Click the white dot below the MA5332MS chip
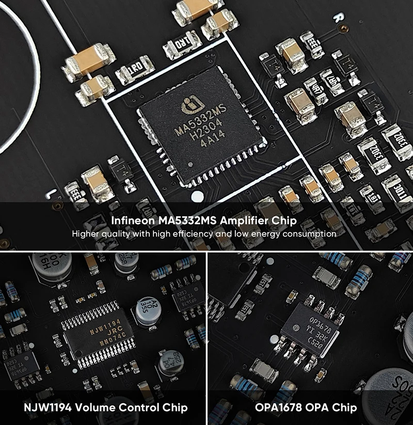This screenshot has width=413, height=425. click(x=196, y=197)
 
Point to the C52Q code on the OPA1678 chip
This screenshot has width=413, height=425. click(x=316, y=344)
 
